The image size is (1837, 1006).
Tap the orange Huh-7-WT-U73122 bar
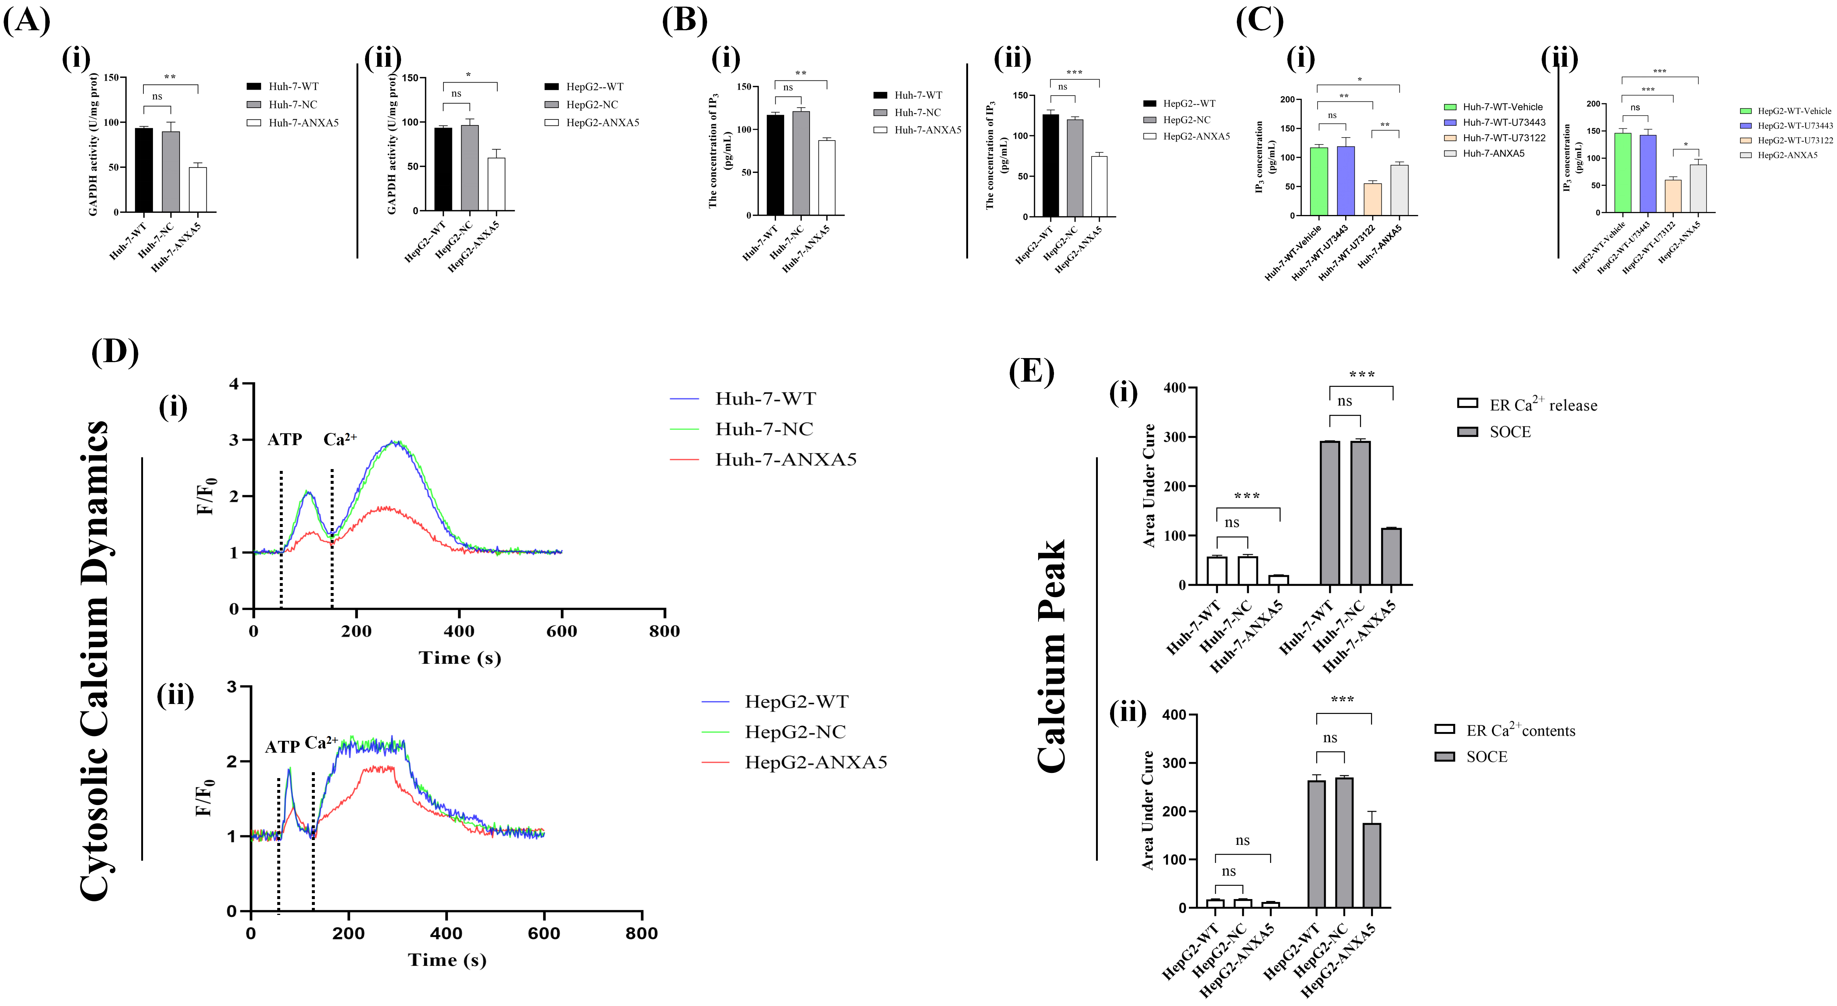pos(1372,200)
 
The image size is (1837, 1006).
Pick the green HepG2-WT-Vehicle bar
pos(1622,173)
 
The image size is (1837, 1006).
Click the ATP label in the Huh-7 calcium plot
pos(285,440)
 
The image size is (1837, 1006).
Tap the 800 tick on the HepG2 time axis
pos(641,934)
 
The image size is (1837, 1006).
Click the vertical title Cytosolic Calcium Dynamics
pos(95,660)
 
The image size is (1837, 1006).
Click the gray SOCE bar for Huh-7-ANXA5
pos(1391,556)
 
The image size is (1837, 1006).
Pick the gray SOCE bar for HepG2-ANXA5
pos(1371,865)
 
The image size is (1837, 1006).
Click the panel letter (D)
pos(114,352)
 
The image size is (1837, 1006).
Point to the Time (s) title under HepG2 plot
pos(447,960)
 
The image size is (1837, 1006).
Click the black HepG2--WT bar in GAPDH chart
pos(443,169)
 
